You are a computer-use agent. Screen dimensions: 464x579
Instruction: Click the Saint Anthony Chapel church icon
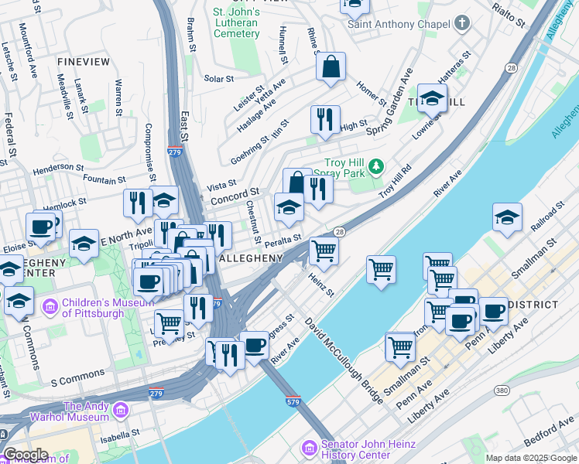(x=462, y=22)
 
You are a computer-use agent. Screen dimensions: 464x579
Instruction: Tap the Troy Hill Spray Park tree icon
(x=376, y=165)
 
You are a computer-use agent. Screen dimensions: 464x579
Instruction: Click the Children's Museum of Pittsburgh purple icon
(x=51, y=306)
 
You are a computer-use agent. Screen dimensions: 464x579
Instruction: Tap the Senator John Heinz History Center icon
(x=309, y=448)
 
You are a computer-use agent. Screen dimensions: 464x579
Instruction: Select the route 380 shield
(x=502, y=391)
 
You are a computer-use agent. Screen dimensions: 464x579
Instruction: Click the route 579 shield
(x=293, y=401)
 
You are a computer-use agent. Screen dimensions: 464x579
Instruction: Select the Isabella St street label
(x=114, y=434)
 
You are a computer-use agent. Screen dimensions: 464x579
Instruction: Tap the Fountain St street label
(x=104, y=180)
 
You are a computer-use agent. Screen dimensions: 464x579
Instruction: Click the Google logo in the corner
(x=25, y=455)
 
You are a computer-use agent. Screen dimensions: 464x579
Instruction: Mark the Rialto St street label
(x=510, y=12)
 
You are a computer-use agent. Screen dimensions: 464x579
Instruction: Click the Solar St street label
(x=218, y=79)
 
